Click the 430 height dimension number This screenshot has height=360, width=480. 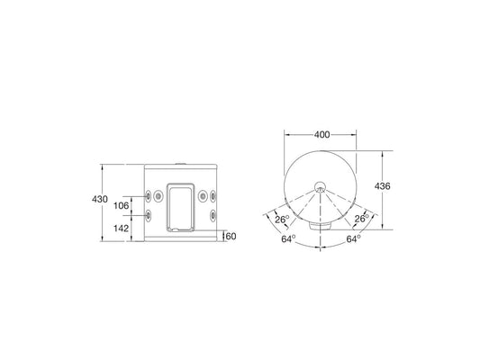coord(99,199)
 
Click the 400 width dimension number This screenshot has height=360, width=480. coord(322,134)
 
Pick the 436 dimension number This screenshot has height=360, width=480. coord(383,185)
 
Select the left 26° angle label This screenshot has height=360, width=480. coord(282,219)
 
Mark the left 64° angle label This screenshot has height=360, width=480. coord(288,240)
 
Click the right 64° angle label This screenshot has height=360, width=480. coord(353,240)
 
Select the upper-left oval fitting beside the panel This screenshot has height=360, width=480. coord(147,195)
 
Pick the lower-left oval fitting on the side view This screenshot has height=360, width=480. coord(147,216)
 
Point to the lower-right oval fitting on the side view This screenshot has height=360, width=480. coord(214,216)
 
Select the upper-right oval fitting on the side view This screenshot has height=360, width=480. coord(214,195)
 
